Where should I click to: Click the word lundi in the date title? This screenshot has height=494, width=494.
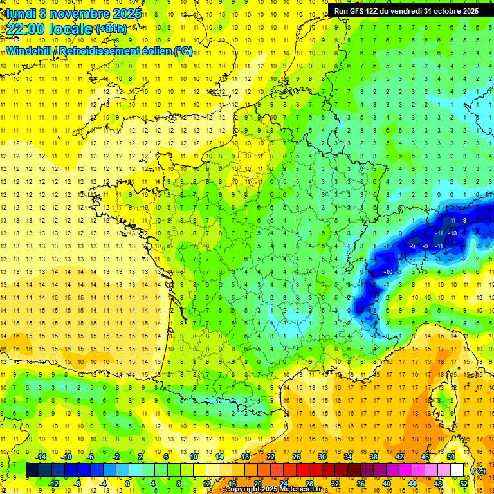[x=20, y=13]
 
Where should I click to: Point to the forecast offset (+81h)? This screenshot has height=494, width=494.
[x=111, y=29]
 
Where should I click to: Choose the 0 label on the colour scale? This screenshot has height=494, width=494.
[x=127, y=484]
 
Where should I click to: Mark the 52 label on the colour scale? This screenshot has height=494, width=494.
[x=464, y=484]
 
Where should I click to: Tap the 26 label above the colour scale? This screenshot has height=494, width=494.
[x=297, y=457]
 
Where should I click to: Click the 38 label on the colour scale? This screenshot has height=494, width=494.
[x=373, y=457]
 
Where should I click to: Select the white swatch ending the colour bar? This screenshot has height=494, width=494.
[x=457, y=470]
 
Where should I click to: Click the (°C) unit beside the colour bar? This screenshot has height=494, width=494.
[x=479, y=470]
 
